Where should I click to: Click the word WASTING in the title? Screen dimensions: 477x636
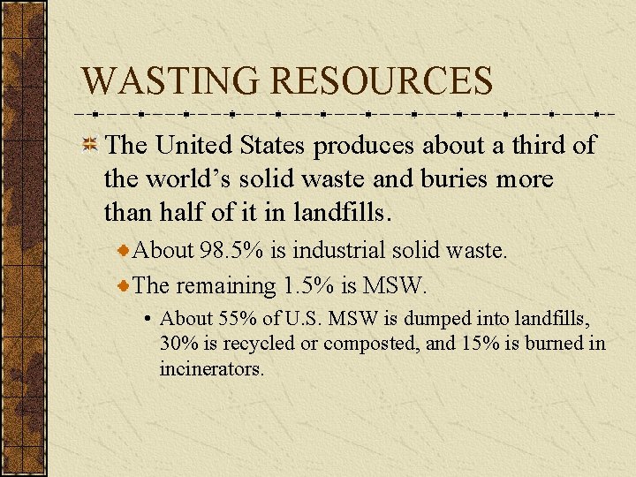coord(171,80)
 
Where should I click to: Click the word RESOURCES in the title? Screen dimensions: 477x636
coord(382,80)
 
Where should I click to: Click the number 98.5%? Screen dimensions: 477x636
coord(231,251)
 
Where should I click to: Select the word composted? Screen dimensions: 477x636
coord(371,344)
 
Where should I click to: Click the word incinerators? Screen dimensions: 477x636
coord(212,368)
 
